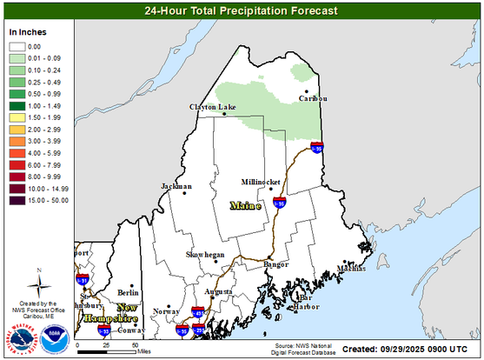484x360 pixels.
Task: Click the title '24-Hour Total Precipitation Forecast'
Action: pyautogui.click(x=242, y=11)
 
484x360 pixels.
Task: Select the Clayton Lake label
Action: pyautogui.click(x=213, y=108)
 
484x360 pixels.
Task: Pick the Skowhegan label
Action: pyautogui.click(x=205, y=255)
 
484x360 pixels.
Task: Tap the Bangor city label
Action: pyautogui.click(x=275, y=263)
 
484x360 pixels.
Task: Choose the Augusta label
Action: pyautogui.click(x=218, y=291)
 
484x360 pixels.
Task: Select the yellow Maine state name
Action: pyautogui.click(x=246, y=206)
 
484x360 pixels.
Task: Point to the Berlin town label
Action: pyautogui.click(x=129, y=293)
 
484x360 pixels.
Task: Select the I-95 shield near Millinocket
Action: pyautogui.click(x=279, y=202)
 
